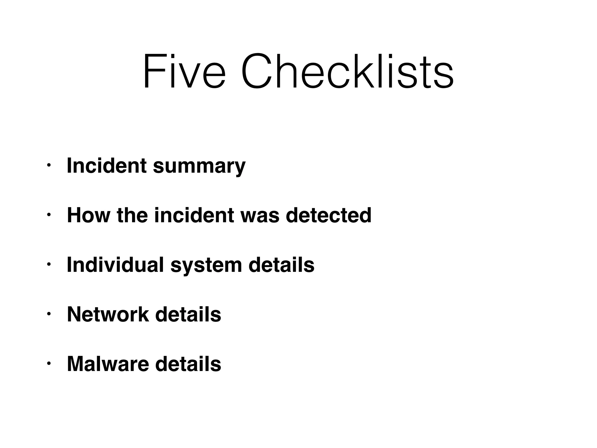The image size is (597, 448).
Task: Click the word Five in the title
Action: tap(184, 71)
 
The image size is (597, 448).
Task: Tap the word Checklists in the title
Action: tap(347, 71)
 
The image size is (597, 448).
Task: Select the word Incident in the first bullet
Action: tap(107, 166)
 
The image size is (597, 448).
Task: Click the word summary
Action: tap(199, 166)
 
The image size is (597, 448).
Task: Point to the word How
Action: tap(89, 215)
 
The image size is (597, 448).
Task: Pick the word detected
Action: tap(329, 215)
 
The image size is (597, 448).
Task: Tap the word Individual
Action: tap(115, 265)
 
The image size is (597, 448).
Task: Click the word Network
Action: tap(108, 314)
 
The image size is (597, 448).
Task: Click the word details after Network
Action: tap(188, 314)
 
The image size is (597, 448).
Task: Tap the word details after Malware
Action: tap(188, 364)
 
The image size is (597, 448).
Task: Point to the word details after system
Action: tap(281, 265)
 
